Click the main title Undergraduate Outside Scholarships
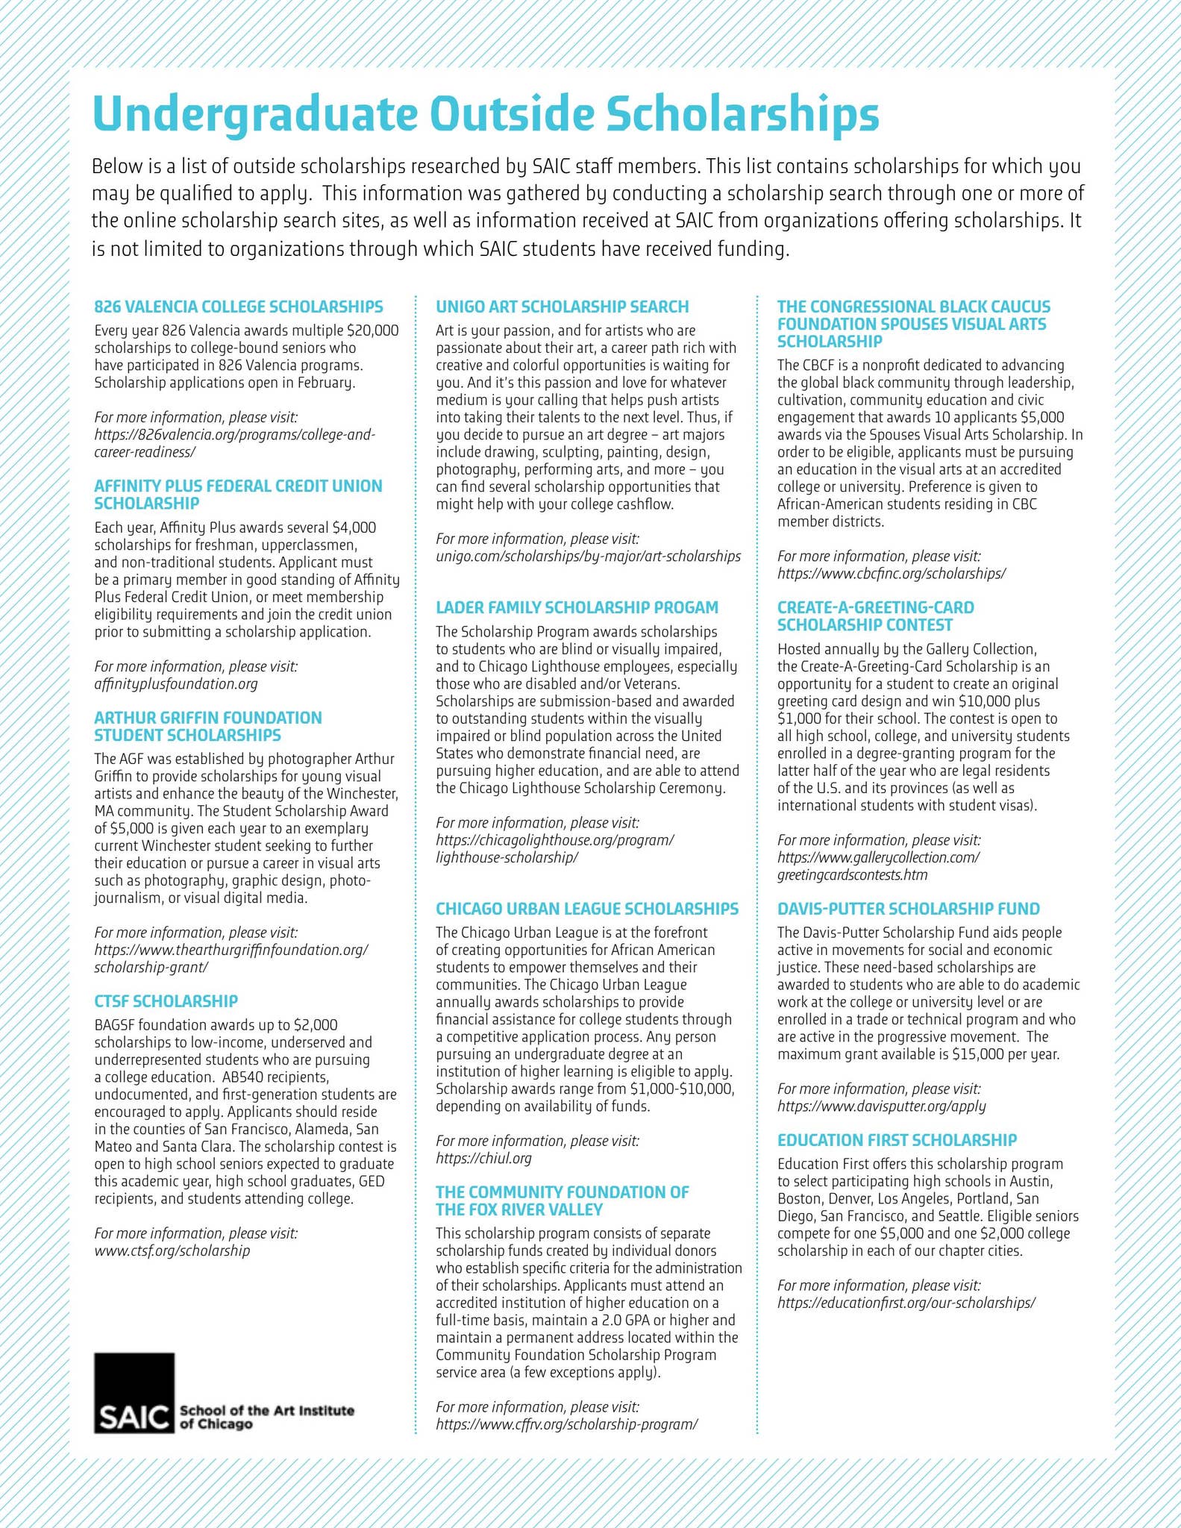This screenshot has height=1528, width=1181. click(485, 113)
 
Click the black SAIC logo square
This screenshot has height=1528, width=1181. click(134, 1392)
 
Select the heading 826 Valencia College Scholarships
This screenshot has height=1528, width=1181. click(239, 307)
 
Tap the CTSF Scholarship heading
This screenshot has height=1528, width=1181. click(166, 1001)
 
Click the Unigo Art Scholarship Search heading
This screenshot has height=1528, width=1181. click(562, 307)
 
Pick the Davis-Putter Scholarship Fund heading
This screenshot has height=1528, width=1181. click(908, 909)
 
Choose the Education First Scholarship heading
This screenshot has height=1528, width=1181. click(897, 1140)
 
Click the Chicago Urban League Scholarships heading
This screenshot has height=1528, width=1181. click(587, 909)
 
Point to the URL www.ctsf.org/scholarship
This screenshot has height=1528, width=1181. click(172, 1250)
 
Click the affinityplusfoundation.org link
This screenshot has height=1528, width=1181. click(176, 683)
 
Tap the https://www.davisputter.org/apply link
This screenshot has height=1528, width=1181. click(881, 1106)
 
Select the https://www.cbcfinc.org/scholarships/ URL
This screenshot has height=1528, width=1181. click(891, 573)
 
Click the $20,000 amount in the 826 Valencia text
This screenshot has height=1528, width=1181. click(373, 331)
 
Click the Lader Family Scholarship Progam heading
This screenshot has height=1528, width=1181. click(577, 607)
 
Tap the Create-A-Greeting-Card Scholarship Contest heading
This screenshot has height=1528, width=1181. click(875, 616)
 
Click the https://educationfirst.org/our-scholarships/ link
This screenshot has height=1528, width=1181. click(906, 1303)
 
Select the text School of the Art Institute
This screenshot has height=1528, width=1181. click(266, 1410)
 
